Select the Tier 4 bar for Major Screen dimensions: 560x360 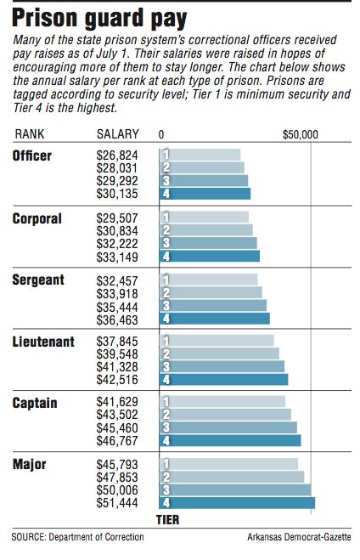click(x=237, y=503)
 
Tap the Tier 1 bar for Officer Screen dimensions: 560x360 click(x=200, y=156)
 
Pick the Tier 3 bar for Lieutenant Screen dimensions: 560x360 click(x=222, y=366)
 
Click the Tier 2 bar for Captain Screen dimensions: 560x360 click(x=225, y=415)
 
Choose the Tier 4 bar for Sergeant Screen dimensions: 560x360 click(x=214, y=319)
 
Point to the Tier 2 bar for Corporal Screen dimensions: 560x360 click(x=205, y=230)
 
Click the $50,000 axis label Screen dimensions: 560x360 click(x=300, y=135)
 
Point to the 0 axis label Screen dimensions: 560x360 click(x=161, y=135)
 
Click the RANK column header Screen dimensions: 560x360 click(x=30, y=135)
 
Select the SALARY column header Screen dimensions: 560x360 click(x=118, y=135)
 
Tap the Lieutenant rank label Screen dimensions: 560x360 click(x=43, y=342)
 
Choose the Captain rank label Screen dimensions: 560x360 click(x=35, y=403)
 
